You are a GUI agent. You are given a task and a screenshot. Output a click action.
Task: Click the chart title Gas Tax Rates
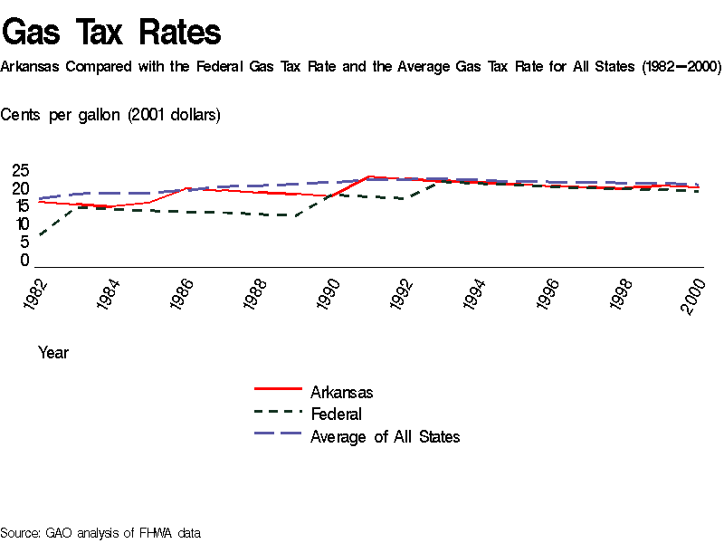coord(111,32)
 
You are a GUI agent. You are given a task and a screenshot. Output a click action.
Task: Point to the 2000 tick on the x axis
coord(694,295)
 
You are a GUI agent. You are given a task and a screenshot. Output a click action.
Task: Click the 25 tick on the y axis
coord(20,171)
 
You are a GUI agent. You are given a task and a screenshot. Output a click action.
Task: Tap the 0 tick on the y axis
coord(25,261)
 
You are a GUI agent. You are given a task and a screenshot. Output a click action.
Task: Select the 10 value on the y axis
coord(20,224)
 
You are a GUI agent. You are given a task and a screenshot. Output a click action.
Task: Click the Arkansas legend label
coord(341,393)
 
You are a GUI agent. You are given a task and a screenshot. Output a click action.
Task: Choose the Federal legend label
coord(336,414)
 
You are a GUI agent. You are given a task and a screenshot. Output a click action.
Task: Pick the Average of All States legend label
coord(385,437)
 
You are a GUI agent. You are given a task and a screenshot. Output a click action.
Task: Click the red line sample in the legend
coord(277,390)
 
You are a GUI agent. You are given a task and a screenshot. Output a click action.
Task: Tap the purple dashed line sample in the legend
coord(277,433)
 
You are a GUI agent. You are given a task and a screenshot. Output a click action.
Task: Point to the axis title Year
coord(53,353)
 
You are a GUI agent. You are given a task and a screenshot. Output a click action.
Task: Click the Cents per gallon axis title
coord(110,115)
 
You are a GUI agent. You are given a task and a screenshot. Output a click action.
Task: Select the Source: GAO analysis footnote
coord(100,533)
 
